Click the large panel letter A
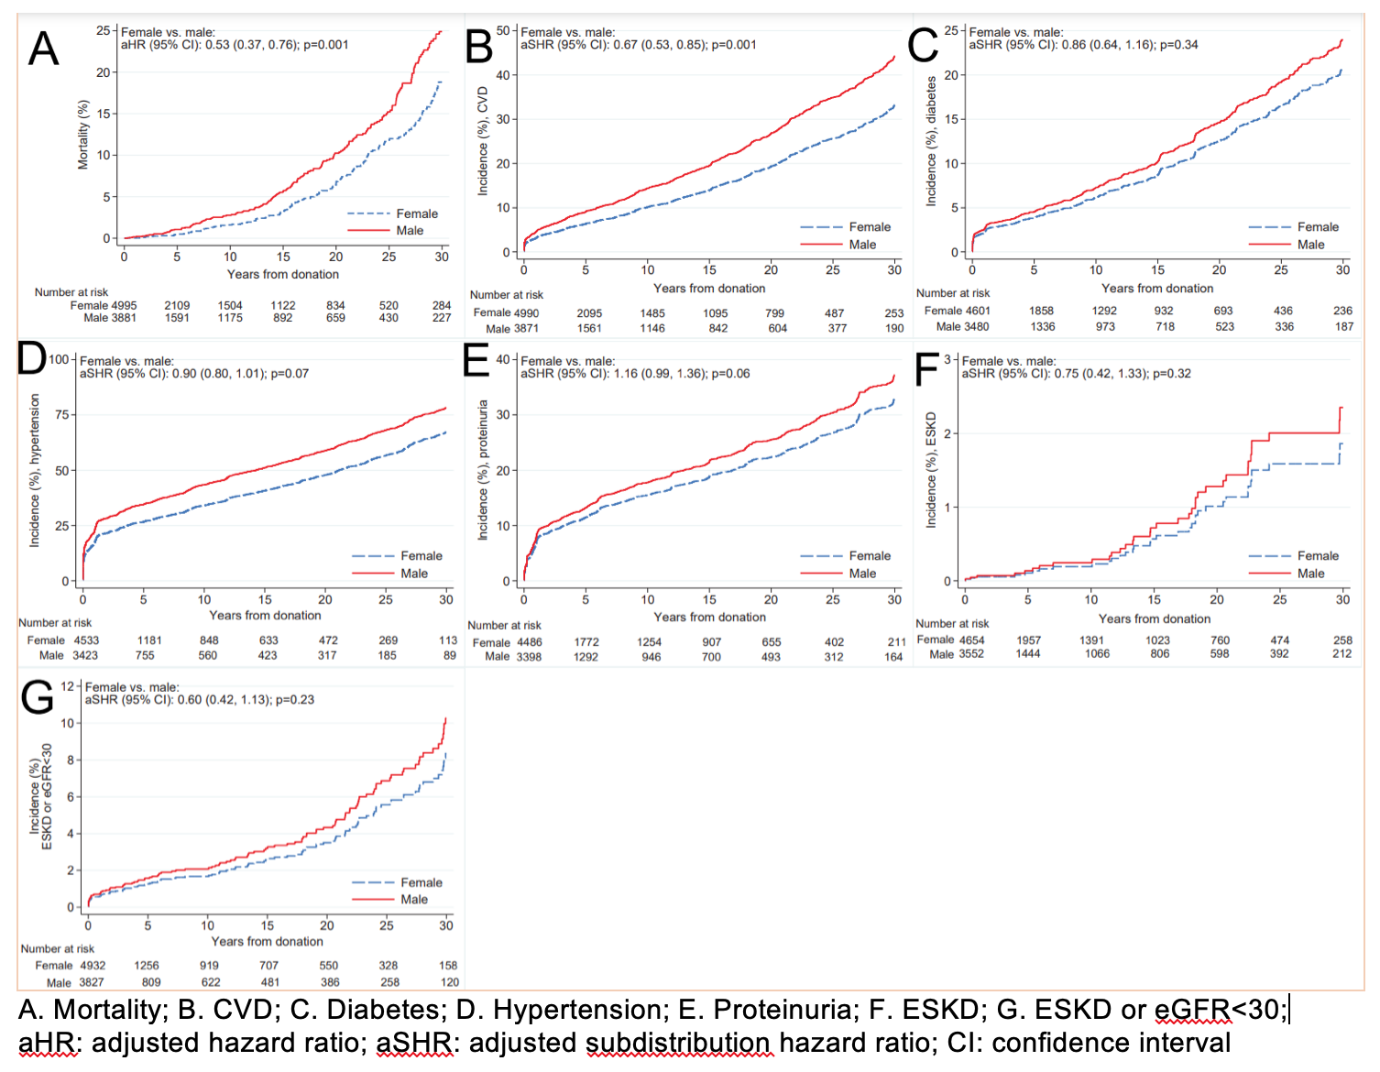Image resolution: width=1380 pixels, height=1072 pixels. [43, 49]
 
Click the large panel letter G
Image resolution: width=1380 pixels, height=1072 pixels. [37, 697]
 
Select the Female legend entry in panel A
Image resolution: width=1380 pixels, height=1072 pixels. [417, 213]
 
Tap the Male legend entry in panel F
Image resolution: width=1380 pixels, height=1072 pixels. [1310, 574]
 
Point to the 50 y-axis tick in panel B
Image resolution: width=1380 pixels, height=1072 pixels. [503, 31]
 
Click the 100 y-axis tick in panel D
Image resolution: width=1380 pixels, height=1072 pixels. [59, 359]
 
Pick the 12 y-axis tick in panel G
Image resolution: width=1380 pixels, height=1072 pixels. [67, 686]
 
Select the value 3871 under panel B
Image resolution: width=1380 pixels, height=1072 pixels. [525, 329]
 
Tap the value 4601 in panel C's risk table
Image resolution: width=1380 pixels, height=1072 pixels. [975, 312]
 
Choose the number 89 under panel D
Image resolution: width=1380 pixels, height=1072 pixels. [449, 656]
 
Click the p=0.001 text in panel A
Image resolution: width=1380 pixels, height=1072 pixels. [327, 45]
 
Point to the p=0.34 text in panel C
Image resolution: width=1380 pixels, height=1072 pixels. [1178, 45]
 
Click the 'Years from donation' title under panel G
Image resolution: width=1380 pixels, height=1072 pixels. [267, 942]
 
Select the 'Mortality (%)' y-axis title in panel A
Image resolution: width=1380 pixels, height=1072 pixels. [83, 134]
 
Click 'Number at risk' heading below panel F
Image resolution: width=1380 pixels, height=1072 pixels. [952, 624]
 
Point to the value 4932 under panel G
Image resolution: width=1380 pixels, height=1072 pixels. [93, 966]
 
